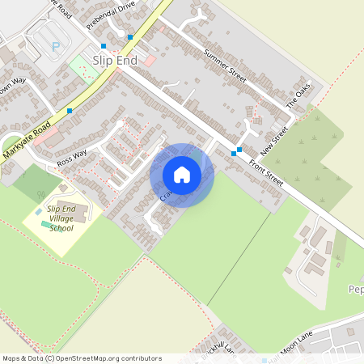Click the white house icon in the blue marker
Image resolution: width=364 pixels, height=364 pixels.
click(182, 174)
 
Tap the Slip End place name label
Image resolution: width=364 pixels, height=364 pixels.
click(113, 61)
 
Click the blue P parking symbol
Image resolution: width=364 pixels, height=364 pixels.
click(56, 47)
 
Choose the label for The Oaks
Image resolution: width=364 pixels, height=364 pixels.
click(298, 97)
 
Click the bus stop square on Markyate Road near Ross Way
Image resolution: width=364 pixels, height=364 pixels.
click(70, 110)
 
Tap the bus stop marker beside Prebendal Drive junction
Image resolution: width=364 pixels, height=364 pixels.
click(129, 37)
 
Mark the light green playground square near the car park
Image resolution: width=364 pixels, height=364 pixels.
click(82, 67)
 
